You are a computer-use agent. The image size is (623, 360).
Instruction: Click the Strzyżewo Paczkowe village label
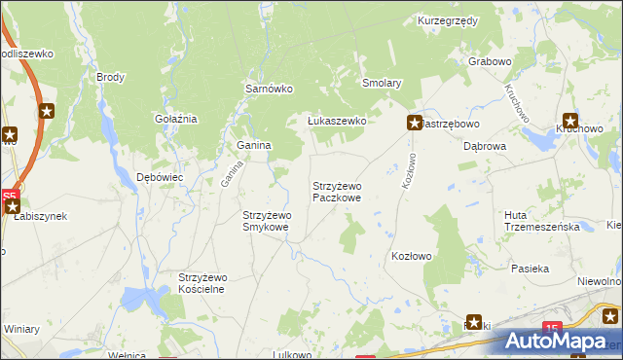(x=337, y=191)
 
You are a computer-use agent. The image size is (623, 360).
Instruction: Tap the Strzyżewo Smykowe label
(x=266, y=221)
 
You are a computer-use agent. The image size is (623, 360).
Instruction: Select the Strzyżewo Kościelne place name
(x=202, y=283)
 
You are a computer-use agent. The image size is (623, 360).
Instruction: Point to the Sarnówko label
(x=269, y=89)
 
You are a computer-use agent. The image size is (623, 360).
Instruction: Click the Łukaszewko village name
(x=336, y=121)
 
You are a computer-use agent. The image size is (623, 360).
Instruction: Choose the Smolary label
(x=383, y=84)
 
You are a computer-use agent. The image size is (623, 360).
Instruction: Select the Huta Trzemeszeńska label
(x=542, y=220)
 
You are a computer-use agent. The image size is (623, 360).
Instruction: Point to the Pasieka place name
(x=530, y=268)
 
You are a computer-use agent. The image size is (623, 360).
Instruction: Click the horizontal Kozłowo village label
(x=411, y=256)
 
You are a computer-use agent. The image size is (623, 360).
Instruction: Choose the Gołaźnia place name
(x=176, y=119)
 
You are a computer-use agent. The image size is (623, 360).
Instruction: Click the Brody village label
(x=111, y=76)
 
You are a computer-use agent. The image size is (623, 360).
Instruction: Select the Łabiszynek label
(x=40, y=216)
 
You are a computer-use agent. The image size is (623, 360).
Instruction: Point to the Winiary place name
(x=21, y=329)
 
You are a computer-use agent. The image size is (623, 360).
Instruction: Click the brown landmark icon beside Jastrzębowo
(x=414, y=124)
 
